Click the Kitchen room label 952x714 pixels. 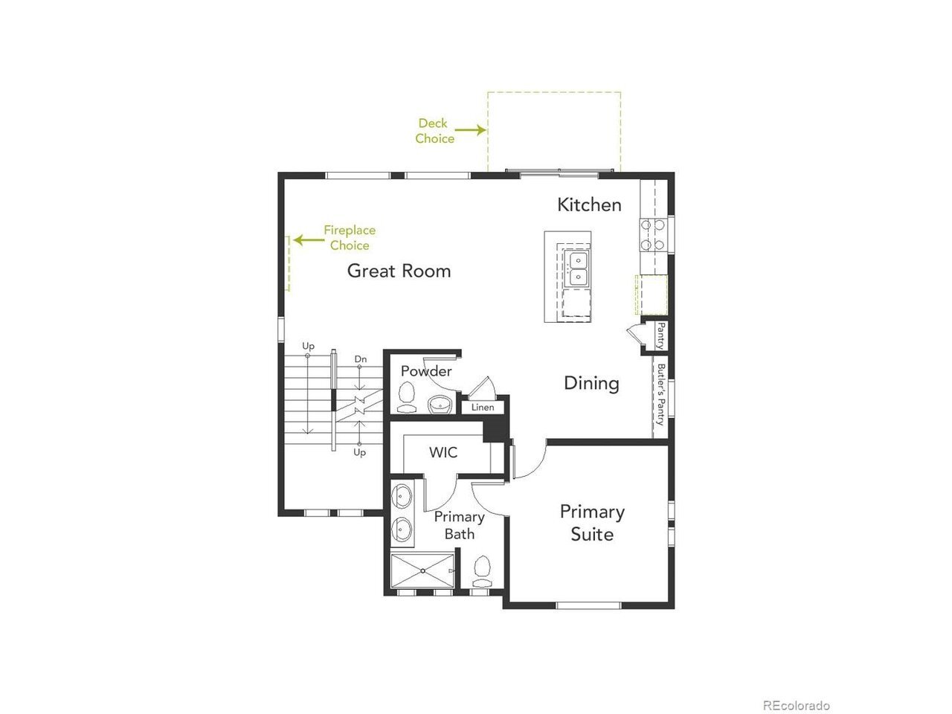[x=589, y=205]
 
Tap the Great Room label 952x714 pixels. [x=399, y=271]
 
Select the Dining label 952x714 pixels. [x=591, y=383]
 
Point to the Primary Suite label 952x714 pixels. [x=592, y=523]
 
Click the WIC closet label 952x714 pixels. [x=443, y=453]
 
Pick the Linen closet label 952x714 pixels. [x=483, y=407]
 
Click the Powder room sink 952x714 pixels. [x=440, y=405]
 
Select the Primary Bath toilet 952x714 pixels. [x=482, y=571]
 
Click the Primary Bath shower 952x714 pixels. [x=422, y=570]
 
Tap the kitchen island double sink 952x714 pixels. [x=578, y=269]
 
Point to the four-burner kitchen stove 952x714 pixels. [x=653, y=234]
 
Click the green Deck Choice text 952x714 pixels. [x=434, y=131]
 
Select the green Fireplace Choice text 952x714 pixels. [x=350, y=237]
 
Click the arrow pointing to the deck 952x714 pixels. [x=470, y=129]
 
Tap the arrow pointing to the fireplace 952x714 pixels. [x=309, y=239]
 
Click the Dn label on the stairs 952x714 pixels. [x=361, y=359]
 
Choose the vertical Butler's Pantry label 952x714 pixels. [x=660, y=394]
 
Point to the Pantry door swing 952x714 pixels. [x=634, y=334]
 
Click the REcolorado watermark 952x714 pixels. [x=797, y=705]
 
